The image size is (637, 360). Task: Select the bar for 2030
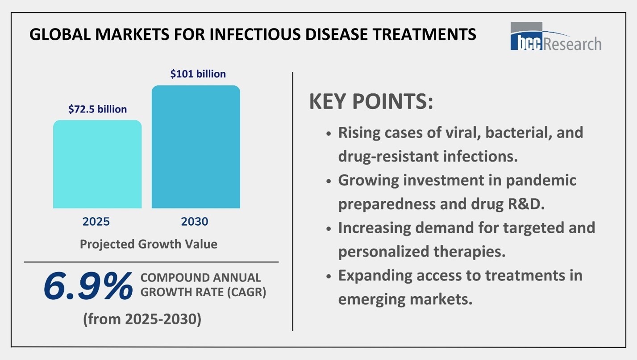[x=196, y=147]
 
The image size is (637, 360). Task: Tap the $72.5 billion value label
[x=97, y=109]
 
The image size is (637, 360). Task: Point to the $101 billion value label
[x=198, y=74]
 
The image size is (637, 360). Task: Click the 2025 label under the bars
[x=96, y=222]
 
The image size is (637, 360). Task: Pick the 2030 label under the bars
[x=195, y=222]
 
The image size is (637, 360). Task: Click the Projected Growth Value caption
[x=148, y=244]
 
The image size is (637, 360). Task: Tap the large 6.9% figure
[x=88, y=286]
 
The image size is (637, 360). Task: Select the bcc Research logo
[x=556, y=37]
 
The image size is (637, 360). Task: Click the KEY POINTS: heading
[x=371, y=102]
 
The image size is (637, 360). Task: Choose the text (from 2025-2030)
[x=142, y=319]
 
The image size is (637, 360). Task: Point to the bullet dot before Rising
[x=329, y=134]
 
